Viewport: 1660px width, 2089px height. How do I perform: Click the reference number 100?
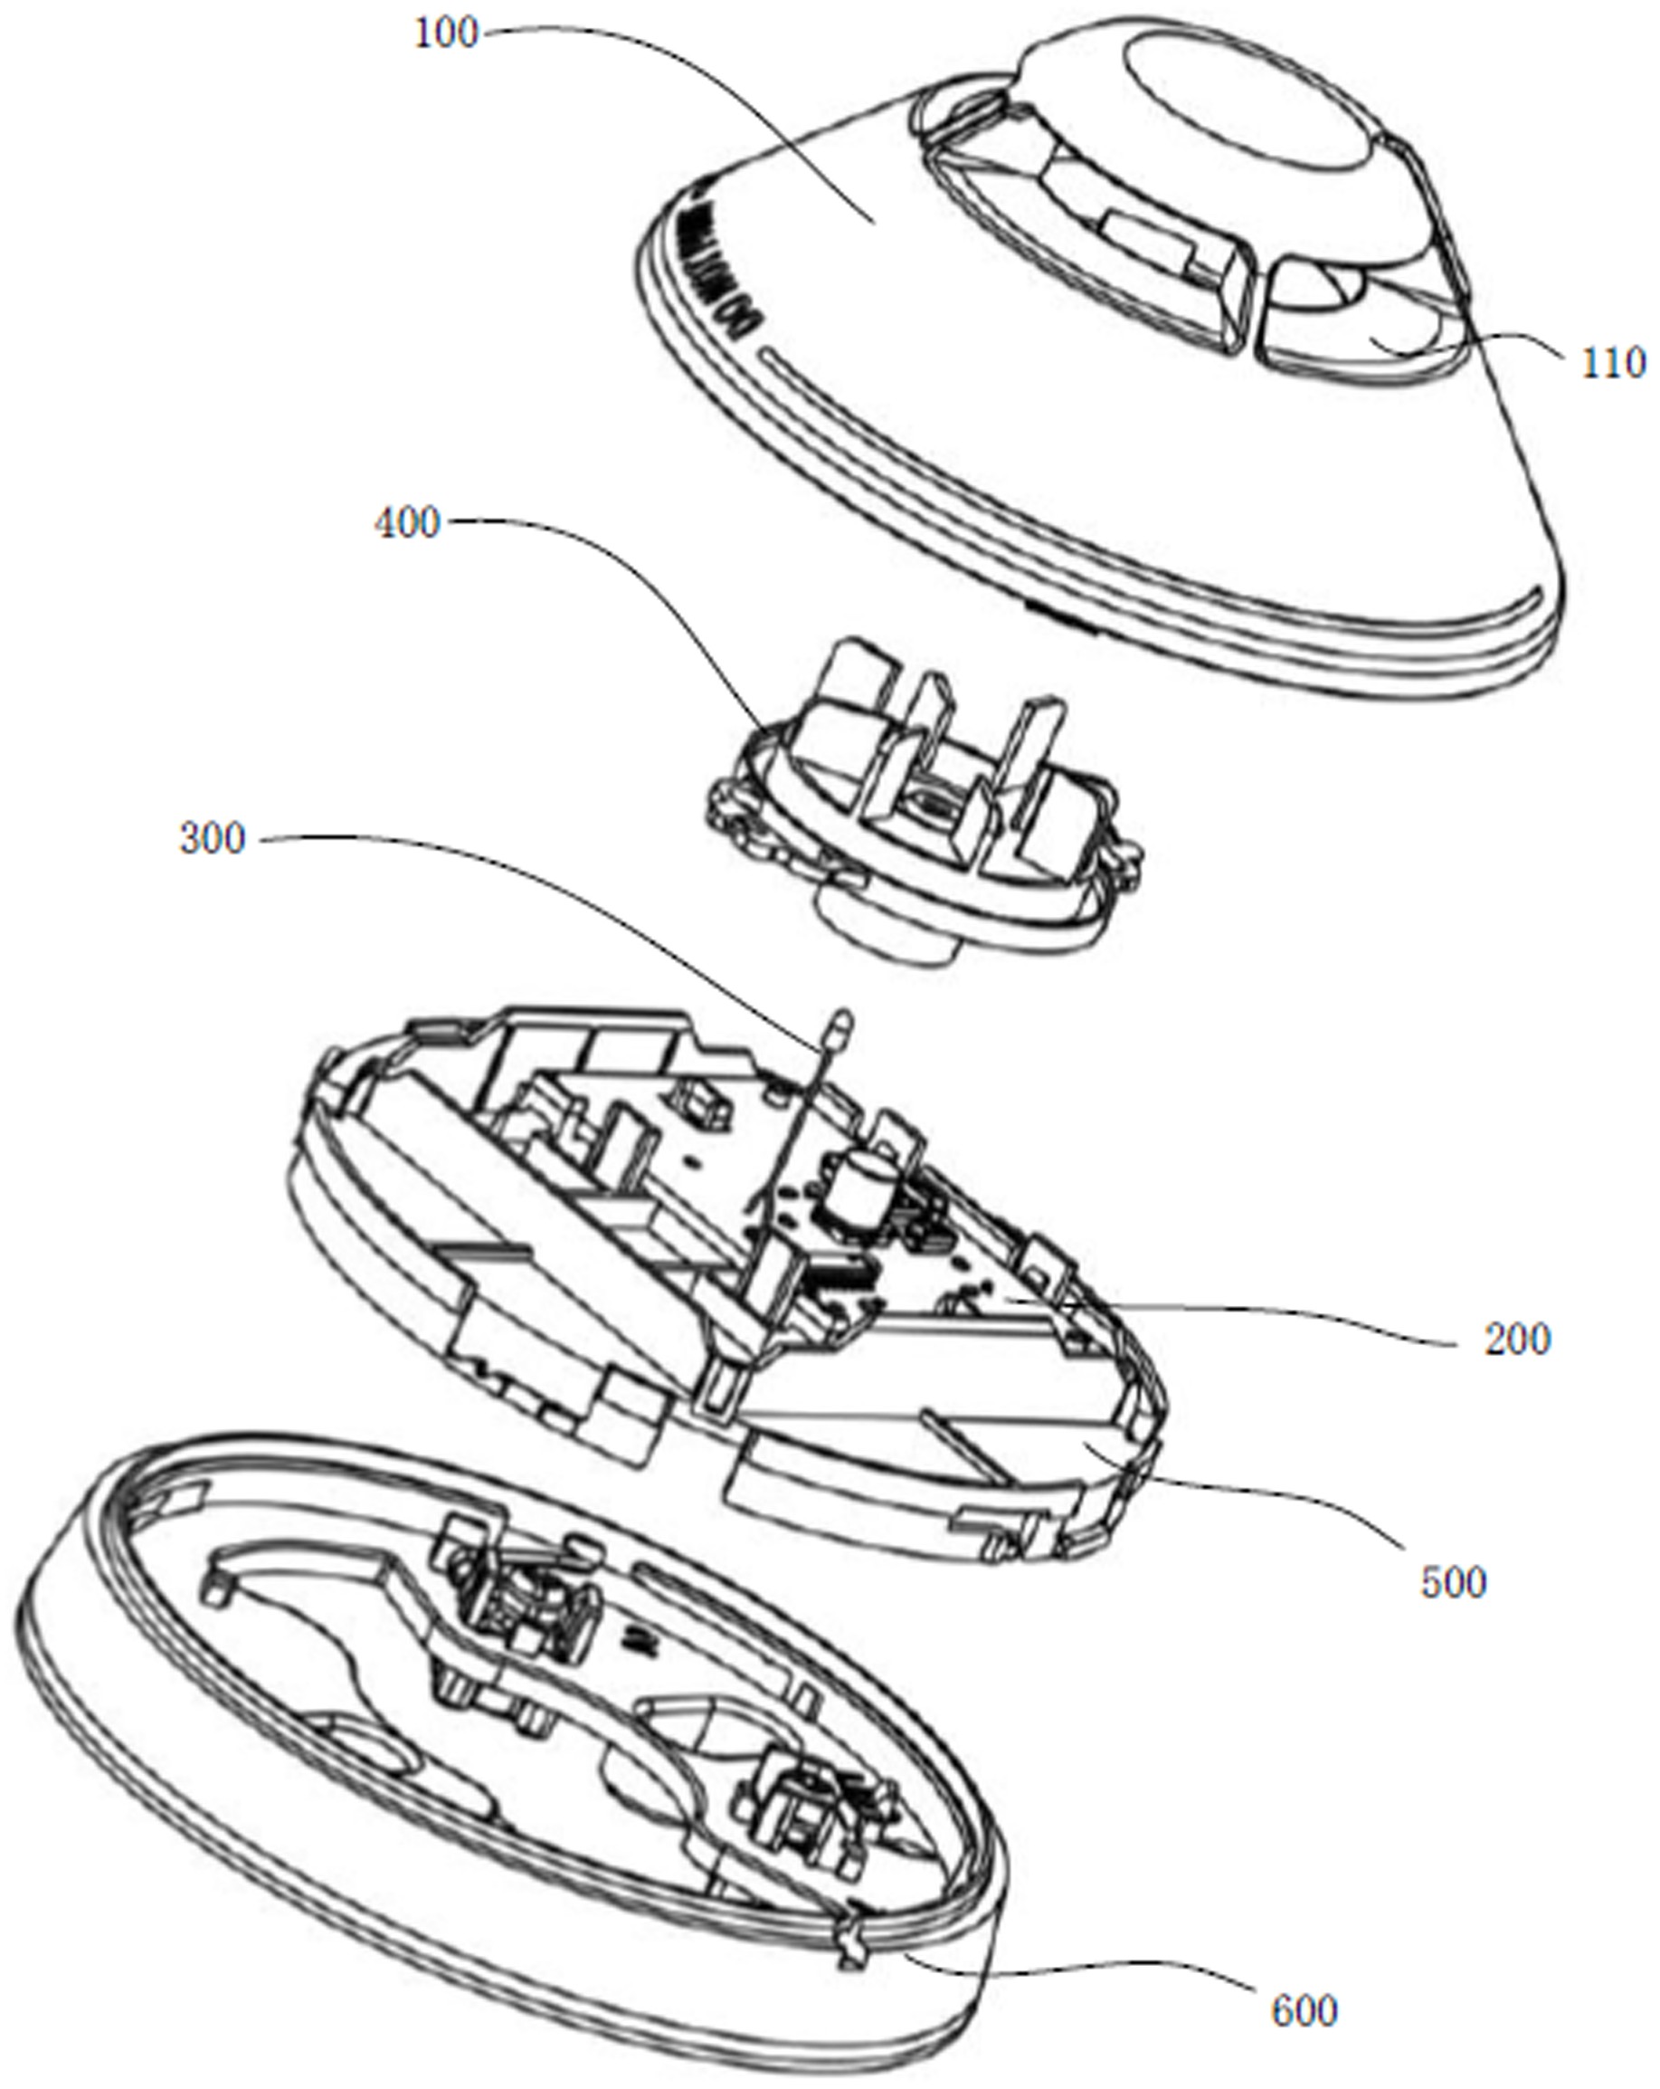[447, 35]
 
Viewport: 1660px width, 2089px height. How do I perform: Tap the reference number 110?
[1614, 362]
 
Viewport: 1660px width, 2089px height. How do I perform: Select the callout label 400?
[407, 523]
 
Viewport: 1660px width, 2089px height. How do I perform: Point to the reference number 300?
[212, 838]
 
